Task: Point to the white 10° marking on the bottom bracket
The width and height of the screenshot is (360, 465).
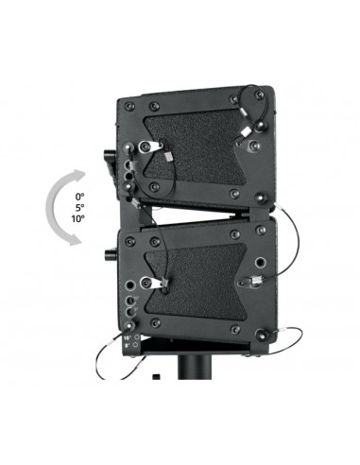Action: (x=127, y=335)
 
